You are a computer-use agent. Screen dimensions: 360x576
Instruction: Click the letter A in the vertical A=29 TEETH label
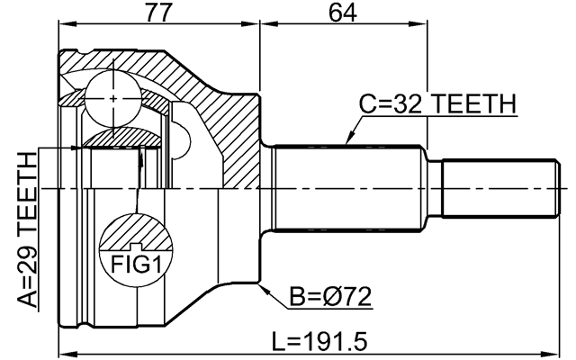(29, 298)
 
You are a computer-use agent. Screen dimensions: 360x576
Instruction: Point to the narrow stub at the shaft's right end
(497, 188)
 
